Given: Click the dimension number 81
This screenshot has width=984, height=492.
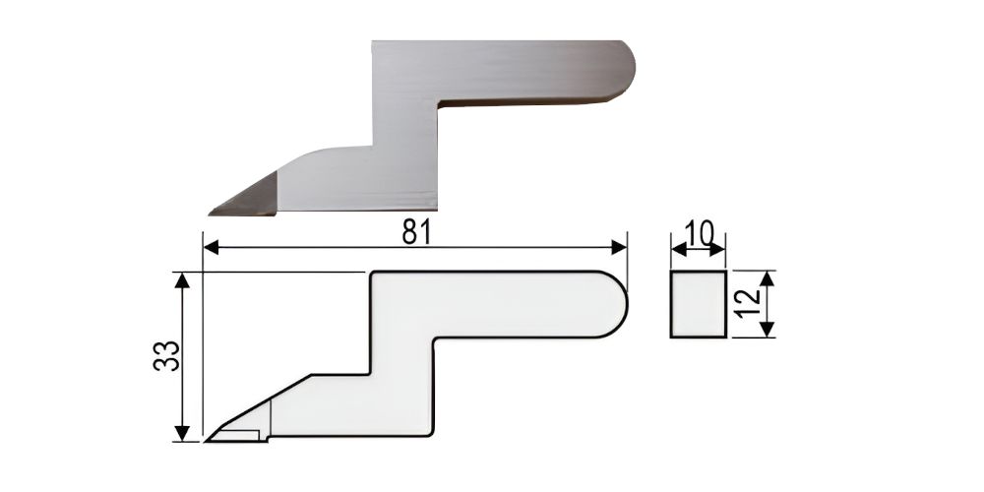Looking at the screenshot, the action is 415,233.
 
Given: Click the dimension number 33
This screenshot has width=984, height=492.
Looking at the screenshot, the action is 167,356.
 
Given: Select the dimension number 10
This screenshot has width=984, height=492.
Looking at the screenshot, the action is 699,233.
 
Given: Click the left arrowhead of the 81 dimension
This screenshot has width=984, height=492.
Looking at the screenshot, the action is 212,247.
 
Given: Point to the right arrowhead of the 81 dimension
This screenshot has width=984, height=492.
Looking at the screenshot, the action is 619,247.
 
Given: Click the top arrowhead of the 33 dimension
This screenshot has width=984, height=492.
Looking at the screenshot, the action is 182,279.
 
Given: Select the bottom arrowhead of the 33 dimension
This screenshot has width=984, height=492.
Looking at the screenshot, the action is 182,434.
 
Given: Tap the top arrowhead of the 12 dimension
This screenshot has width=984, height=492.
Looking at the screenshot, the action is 767,278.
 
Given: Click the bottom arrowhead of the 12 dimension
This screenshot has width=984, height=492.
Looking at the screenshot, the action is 767,330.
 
